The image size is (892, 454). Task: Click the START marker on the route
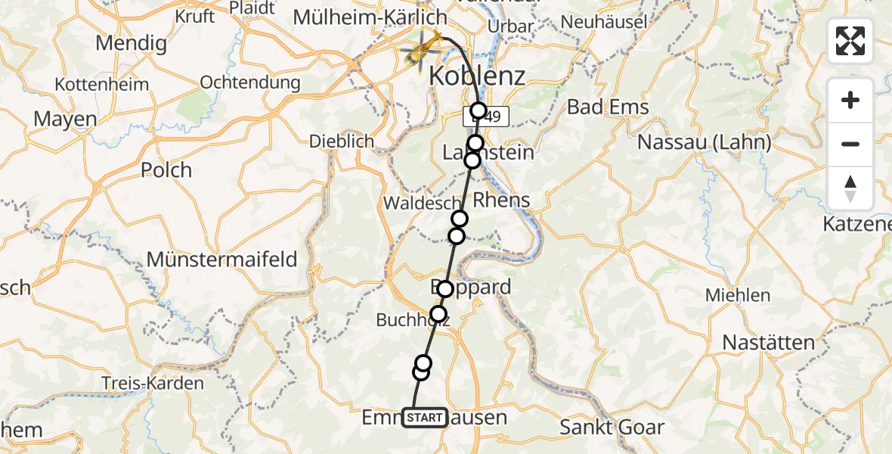(x=425, y=418)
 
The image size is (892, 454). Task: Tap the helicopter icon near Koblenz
(x=422, y=49)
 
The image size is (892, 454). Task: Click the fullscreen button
(x=850, y=41)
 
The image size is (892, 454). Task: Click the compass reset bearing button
(x=850, y=188)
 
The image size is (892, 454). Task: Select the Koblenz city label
(x=477, y=76)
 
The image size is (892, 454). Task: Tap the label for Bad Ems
(x=608, y=107)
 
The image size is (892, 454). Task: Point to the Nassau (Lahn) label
(x=704, y=141)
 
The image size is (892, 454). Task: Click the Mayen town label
(x=65, y=119)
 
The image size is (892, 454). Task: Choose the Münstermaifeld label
(x=221, y=260)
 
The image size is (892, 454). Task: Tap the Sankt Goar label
(x=612, y=427)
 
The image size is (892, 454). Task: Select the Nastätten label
(x=768, y=342)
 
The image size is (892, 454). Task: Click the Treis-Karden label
(x=153, y=383)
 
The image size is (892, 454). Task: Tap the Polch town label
(x=166, y=169)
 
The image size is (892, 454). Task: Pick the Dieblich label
(x=342, y=141)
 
